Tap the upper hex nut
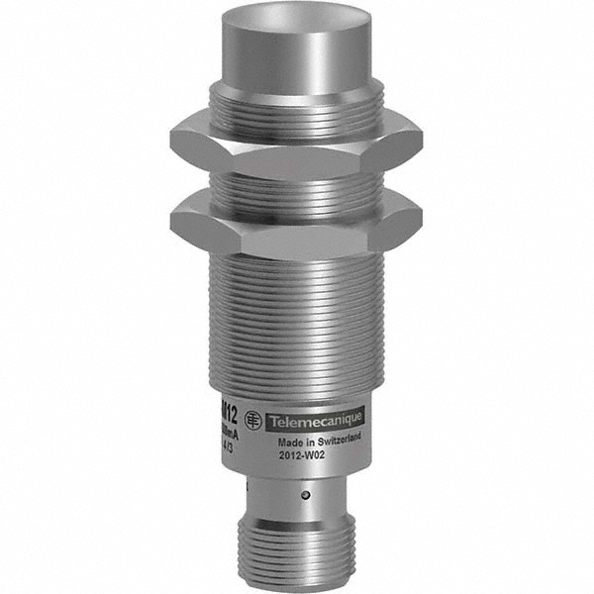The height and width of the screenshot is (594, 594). click(x=297, y=145)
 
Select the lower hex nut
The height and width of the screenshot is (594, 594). click(x=297, y=226)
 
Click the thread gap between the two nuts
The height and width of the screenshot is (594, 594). click(x=297, y=185)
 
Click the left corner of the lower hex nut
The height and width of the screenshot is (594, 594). click(x=174, y=219)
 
